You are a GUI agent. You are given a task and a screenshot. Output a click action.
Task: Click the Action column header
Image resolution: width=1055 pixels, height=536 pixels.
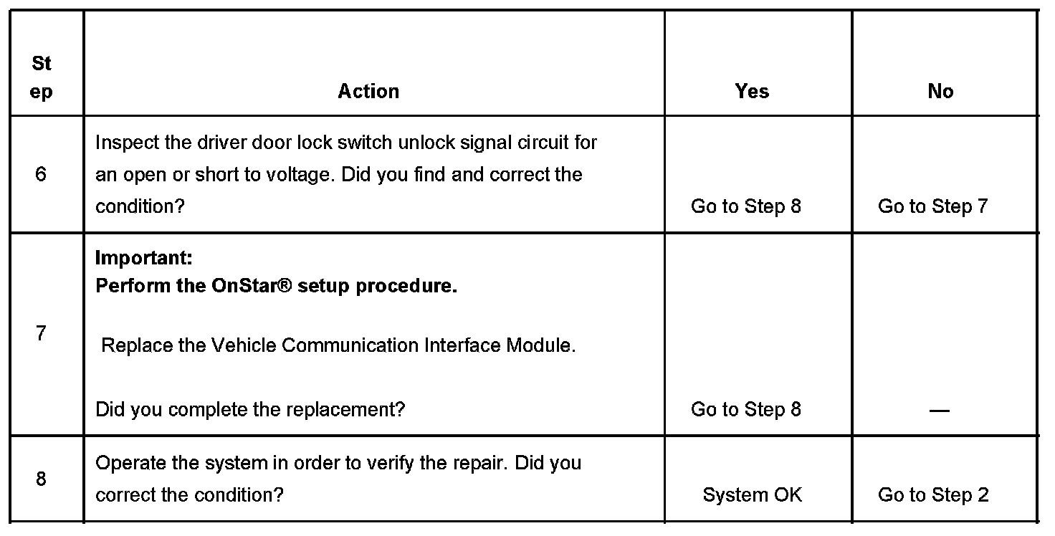(368, 91)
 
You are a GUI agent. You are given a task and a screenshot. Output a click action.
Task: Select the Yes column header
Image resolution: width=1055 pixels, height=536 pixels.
(752, 91)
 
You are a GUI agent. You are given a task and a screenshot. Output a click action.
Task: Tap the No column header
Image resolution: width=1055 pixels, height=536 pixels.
(940, 91)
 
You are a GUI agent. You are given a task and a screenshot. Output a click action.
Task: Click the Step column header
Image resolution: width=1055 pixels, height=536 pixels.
(42, 77)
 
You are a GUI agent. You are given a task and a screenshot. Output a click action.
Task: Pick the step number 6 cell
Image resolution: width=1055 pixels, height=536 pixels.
(41, 174)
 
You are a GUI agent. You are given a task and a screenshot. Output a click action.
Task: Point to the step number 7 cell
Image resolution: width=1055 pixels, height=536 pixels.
(41, 333)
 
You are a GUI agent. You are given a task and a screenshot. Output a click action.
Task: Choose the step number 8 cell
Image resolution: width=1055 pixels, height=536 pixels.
(41, 478)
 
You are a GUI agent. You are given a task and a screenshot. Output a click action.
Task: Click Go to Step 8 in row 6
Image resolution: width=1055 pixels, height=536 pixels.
(745, 206)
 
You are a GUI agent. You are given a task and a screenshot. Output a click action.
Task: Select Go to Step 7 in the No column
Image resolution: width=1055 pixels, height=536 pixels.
(932, 206)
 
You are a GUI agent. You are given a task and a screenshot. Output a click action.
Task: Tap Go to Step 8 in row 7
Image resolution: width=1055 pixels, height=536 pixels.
(745, 409)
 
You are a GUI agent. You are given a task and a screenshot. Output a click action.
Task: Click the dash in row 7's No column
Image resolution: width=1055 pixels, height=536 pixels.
(939, 411)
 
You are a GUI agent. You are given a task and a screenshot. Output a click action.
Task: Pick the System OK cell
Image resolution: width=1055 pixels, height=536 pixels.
(752, 494)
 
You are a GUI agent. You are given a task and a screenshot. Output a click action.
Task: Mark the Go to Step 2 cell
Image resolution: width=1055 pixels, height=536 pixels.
(933, 494)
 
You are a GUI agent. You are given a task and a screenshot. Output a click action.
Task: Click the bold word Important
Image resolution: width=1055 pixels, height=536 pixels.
(143, 257)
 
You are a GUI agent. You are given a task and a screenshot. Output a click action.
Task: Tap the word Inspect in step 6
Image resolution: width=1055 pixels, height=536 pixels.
(126, 142)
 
